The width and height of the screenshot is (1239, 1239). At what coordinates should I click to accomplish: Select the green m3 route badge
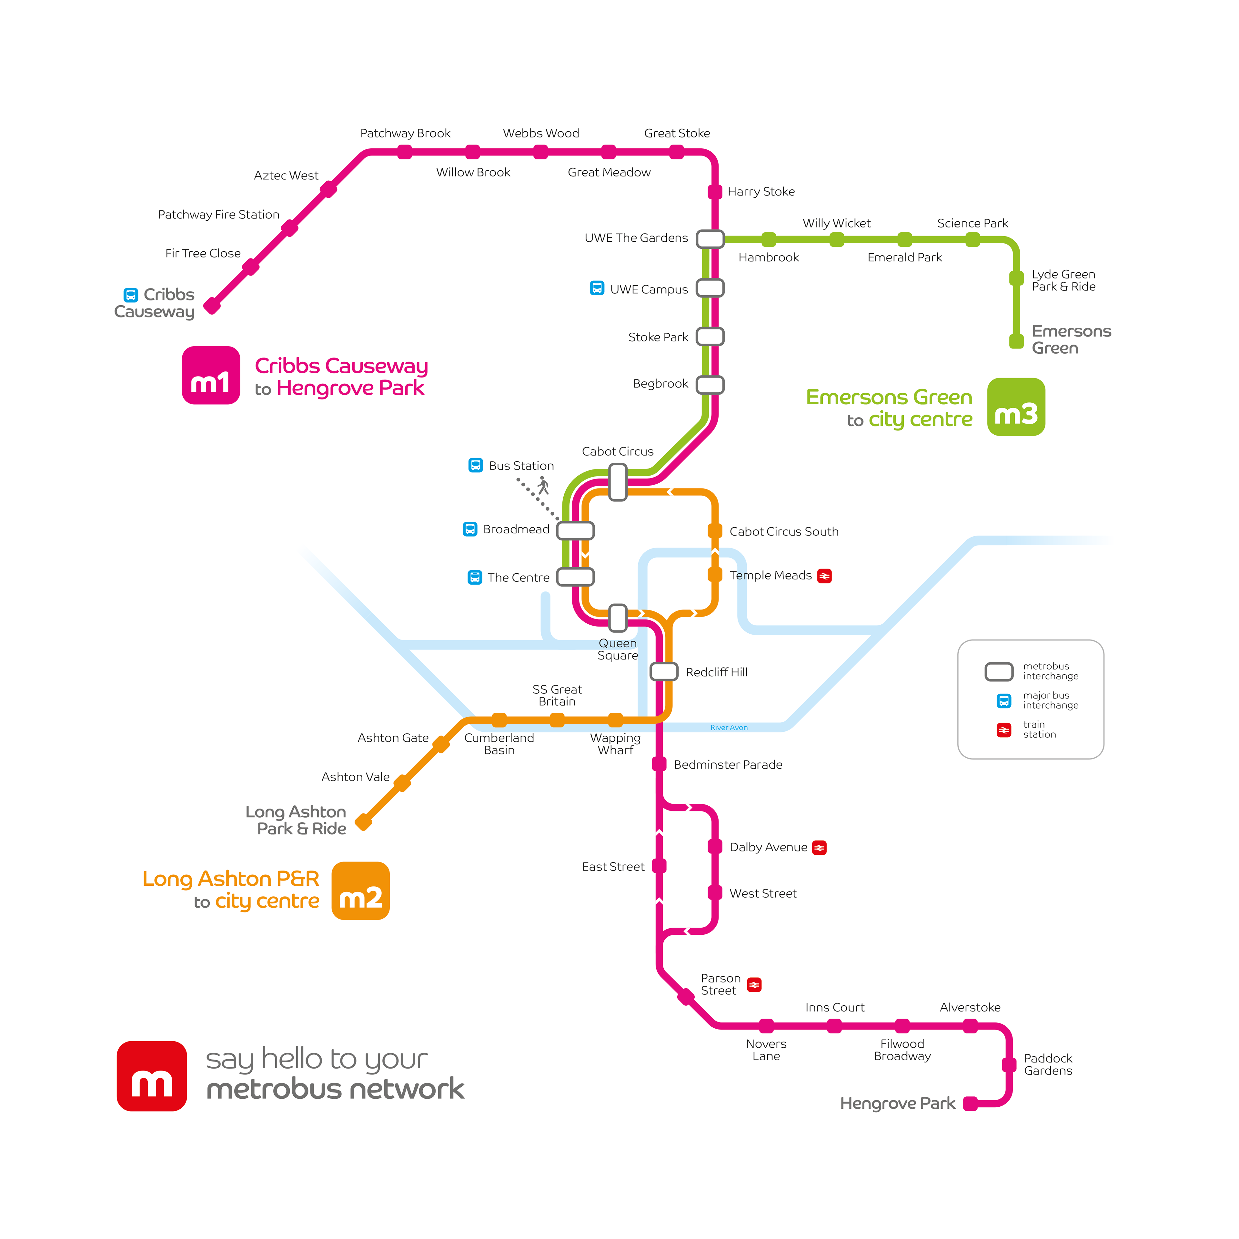click(1016, 407)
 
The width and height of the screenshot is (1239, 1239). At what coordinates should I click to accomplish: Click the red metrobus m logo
click(151, 1075)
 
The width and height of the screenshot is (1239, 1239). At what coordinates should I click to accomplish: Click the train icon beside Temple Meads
click(824, 576)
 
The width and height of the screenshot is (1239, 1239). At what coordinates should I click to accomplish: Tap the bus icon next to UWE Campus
click(596, 288)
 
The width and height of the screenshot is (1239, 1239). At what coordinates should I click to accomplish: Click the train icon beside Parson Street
click(754, 984)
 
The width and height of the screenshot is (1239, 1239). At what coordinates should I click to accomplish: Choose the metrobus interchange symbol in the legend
click(999, 671)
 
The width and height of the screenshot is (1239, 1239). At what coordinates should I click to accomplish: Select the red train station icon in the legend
click(1004, 730)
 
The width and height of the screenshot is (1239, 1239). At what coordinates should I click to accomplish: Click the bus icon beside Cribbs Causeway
click(131, 295)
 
